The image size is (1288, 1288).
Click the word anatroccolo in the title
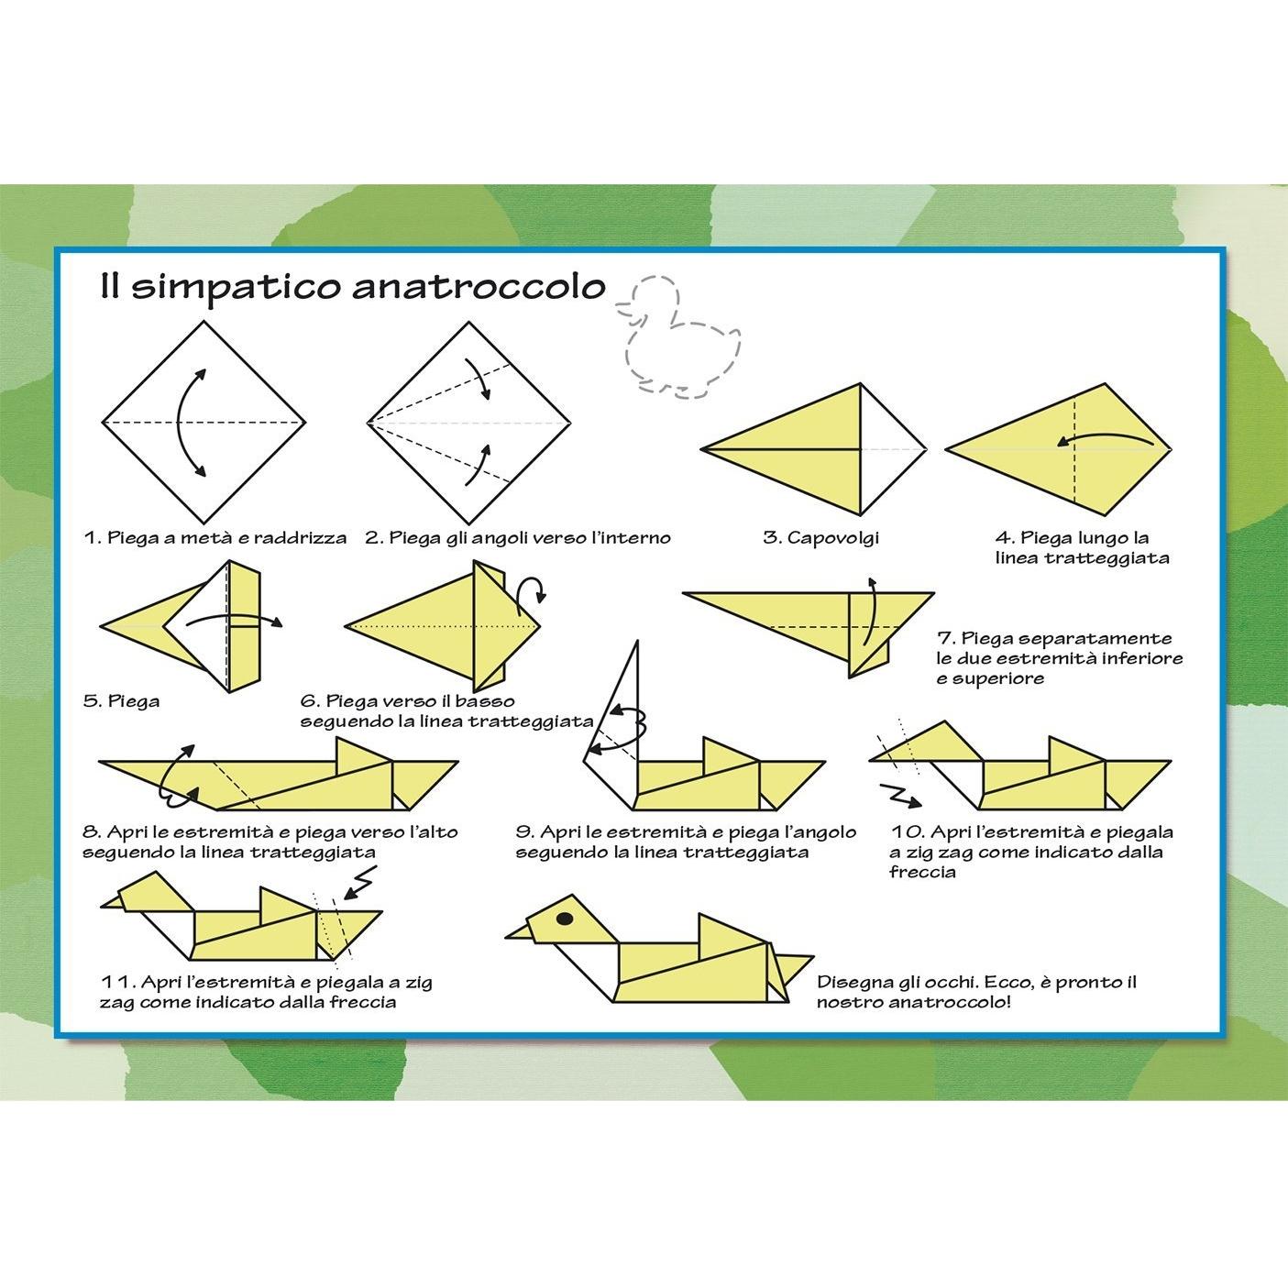tap(479, 287)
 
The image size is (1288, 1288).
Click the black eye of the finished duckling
tap(564, 919)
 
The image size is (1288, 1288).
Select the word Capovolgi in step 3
tap(832, 538)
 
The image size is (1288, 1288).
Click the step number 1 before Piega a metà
tap(92, 537)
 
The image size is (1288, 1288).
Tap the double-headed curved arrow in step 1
tap(182, 423)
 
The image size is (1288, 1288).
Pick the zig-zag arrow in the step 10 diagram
tap(899, 795)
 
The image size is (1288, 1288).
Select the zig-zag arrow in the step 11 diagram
tap(359, 882)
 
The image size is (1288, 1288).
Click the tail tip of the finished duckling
tap(811, 958)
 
